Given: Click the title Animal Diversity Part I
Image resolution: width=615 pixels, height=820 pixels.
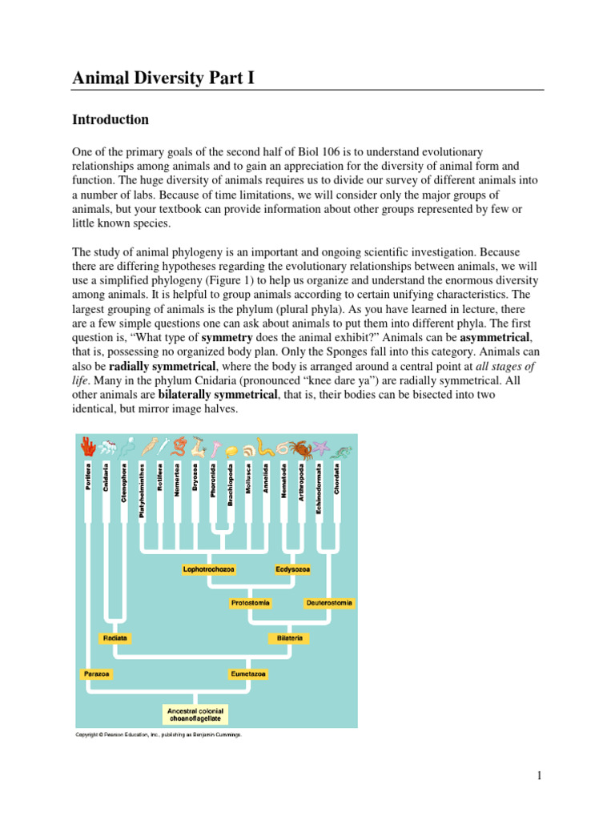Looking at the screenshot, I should coord(163,78).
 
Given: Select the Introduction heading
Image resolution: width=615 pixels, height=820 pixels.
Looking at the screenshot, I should coord(111,120).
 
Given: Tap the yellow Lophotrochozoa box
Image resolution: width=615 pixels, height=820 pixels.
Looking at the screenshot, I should coord(209,569).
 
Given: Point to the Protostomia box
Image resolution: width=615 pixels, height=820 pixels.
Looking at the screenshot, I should coord(251,602).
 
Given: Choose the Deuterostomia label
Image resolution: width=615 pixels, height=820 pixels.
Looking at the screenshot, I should coord(329,602).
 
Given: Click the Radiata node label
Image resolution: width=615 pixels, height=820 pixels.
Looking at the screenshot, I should coord(115,638).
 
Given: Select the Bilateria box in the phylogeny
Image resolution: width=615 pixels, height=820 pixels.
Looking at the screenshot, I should coord(288,638).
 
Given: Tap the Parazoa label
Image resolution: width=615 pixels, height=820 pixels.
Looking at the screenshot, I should coord(97,674).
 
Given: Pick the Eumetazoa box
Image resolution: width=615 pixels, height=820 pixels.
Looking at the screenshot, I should coord(247,674).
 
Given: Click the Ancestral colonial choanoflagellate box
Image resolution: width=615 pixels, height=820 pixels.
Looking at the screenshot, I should coord(195,714).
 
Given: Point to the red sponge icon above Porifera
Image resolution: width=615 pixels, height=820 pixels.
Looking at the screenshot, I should coord(86,446).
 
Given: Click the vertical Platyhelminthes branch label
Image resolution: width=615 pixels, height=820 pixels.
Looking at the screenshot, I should coord(142,489).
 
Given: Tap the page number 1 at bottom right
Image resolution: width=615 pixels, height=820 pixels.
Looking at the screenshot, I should coord(540,775).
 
